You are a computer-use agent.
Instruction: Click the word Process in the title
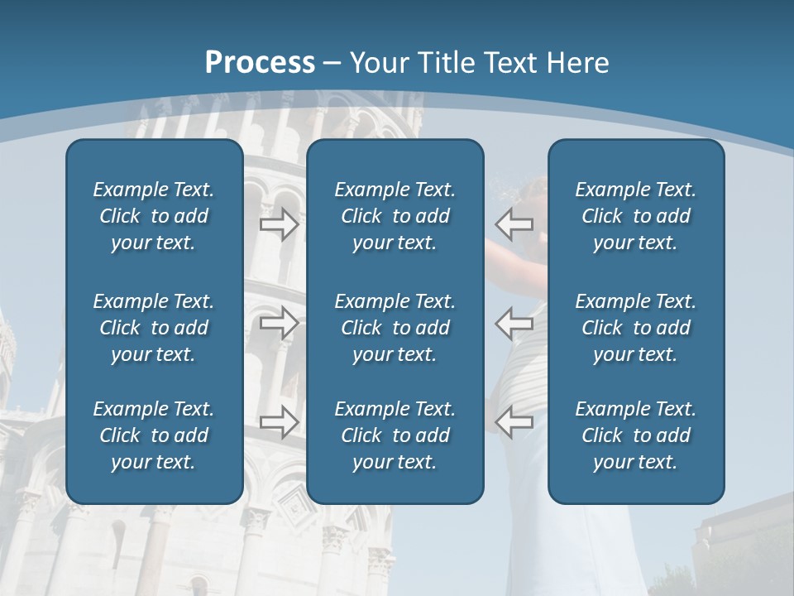260,63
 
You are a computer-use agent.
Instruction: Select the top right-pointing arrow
279,223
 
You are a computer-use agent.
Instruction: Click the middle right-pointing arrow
279,322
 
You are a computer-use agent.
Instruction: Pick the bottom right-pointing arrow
279,421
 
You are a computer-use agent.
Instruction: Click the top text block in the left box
154,216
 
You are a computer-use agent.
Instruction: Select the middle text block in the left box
154,328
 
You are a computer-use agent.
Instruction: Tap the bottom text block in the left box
154,435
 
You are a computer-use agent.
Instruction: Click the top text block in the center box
395,216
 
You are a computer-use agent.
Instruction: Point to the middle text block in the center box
395,328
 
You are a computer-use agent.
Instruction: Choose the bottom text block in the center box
395,435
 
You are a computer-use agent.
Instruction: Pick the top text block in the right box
635,216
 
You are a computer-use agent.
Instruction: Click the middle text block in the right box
635,328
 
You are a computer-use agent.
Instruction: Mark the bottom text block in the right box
635,435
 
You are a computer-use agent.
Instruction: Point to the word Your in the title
379,63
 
